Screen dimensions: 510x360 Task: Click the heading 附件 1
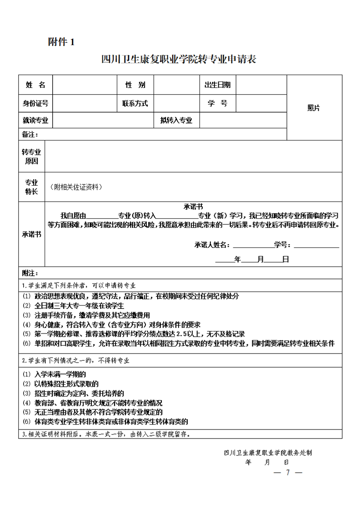[60, 42]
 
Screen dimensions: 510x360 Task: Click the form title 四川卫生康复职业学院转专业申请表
[179, 59]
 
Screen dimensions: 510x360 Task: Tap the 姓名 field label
[35, 85]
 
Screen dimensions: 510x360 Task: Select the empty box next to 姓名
[83, 85]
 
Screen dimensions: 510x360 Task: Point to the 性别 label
[135, 85]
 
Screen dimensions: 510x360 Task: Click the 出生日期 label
[217, 85]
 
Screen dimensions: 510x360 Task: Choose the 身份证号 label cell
[35, 103]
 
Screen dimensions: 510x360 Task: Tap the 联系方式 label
[135, 103]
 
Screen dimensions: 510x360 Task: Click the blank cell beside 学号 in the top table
[261, 103]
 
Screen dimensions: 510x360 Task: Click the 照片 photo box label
[314, 108]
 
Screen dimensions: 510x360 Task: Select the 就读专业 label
[35, 121]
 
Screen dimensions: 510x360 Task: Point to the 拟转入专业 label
[176, 121]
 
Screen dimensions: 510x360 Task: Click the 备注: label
[30, 135]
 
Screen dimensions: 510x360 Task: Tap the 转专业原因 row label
[31, 156]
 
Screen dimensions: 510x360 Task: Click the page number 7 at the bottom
[288, 472]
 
